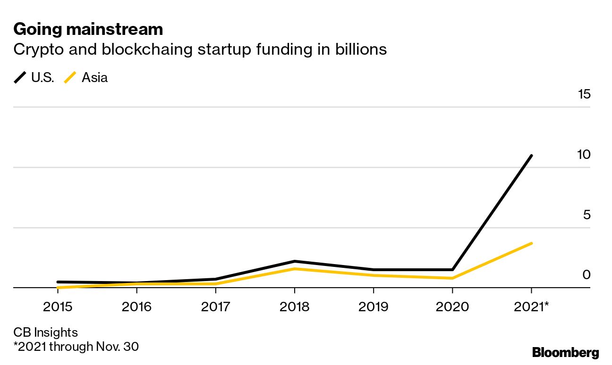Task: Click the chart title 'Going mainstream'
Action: [x=88, y=29]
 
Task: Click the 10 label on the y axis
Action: [x=584, y=155]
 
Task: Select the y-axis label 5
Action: [x=587, y=215]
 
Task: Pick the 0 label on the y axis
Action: [x=586, y=275]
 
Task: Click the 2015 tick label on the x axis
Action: [x=58, y=307]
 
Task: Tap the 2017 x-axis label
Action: [x=215, y=307]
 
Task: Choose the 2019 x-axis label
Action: [x=373, y=307]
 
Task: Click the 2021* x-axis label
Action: [x=531, y=307]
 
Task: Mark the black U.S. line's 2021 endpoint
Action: [x=532, y=155]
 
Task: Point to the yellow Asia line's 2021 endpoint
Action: [x=532, y=243]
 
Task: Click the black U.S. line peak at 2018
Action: [x=294, y=261]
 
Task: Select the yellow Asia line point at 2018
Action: [x=294, y=269]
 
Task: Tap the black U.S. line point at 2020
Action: [x=452, y=270]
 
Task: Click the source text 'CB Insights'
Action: [x=45, y=332]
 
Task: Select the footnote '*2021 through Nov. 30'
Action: [x=76, y=347]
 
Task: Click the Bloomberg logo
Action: [x=565, y=353]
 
